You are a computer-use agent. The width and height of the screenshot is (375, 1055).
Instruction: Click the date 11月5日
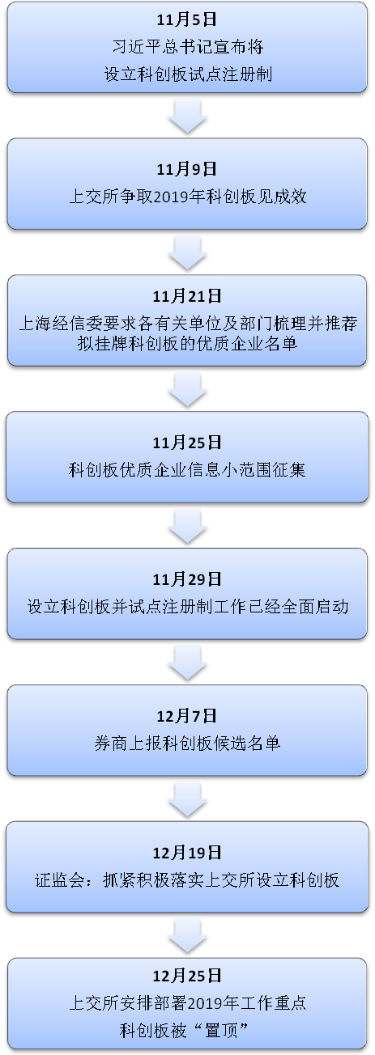coord(187,19)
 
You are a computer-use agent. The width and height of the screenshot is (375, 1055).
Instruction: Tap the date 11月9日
coord(187,169)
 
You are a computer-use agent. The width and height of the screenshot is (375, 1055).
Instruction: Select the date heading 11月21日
coord(187,296)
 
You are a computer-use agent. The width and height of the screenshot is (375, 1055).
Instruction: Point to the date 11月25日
coord(187,443)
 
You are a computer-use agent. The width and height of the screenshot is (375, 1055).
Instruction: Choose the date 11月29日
coord(187,578)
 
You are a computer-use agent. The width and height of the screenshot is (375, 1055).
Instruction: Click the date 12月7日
coord(187,715)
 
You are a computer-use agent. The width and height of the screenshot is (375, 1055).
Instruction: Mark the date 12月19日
coord(187,852)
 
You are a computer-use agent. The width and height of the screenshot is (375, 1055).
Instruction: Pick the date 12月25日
coord(187,976)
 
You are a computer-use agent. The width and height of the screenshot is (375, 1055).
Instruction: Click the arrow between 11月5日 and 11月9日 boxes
coord(187,116)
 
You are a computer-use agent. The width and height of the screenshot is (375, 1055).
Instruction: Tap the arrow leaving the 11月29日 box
coord(187,663)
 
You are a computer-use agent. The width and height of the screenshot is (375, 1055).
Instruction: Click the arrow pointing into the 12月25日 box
coord(187,936)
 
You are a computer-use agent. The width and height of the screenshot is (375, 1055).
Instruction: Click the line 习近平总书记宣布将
coord(188,47)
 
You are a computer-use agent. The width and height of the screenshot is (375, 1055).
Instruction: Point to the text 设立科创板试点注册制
coord(188,74)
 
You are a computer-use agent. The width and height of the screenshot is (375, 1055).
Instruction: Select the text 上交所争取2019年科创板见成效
coord(188,197)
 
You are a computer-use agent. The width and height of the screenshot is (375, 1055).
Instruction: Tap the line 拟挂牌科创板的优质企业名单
coord(188,343)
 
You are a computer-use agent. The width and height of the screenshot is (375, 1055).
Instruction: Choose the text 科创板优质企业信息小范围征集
coord(187,469)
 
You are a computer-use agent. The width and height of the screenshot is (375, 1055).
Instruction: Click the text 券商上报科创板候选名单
coord(187,743)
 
